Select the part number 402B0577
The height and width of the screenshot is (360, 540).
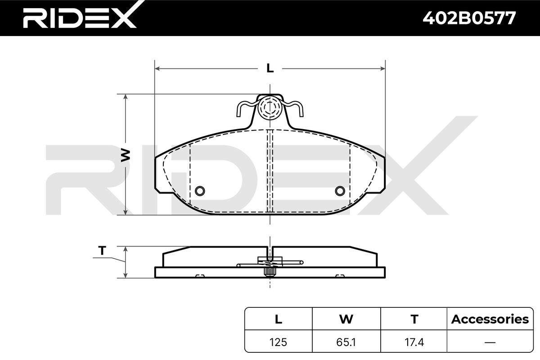coord(469,18)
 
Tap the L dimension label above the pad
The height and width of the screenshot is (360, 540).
coord(270,68)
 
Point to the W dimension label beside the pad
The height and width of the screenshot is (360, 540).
coord(126,155)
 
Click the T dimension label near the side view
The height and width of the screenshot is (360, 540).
coord(102,251)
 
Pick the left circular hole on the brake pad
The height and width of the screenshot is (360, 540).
coord(200,191)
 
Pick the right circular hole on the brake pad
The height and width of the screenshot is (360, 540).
coord(340,191)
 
